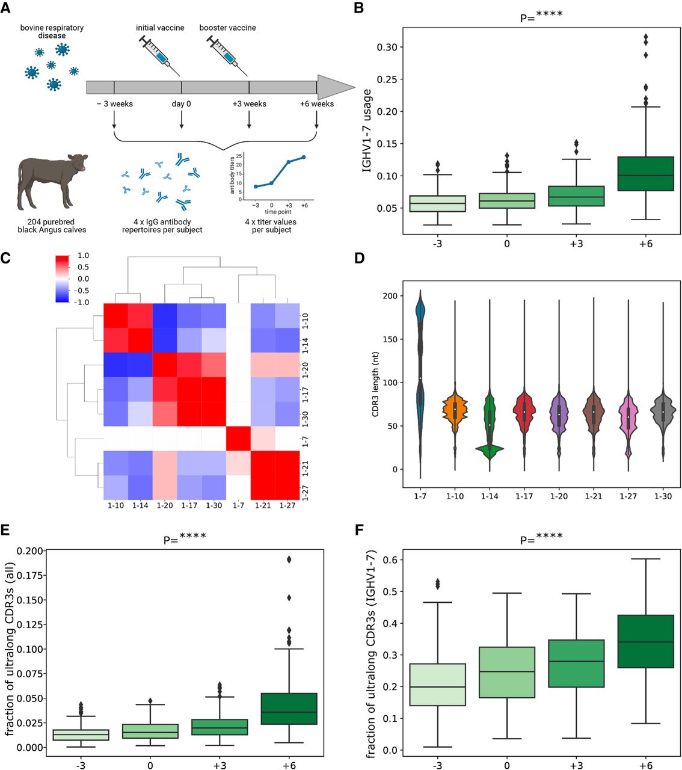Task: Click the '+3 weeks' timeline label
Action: [x=249, y=104]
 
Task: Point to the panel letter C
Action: [x=6, y=259]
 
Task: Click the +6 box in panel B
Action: [x=646, y=174]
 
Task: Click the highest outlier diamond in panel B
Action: [x=646, y=37]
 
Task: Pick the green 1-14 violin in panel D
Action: [x=490, y=421]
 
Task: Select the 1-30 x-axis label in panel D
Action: [x=663, y=496]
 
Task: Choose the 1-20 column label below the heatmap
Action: [x=165, y=506]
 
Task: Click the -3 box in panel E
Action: [x=80, y=735]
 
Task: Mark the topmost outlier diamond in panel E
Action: [x=289, y=559]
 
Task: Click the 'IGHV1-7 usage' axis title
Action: [x=367, y=131]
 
